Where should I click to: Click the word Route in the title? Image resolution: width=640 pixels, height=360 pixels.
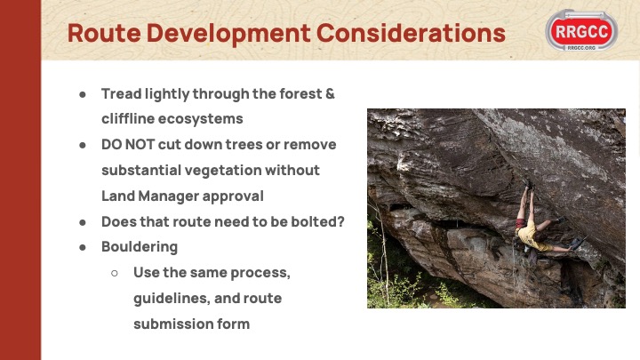(x=104, y=33)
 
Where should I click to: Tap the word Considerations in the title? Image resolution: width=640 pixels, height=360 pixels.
(x=411, y=33)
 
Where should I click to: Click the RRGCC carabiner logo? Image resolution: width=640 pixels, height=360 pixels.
(x=581, y=30)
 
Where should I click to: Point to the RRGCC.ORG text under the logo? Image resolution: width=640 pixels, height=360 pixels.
(x=581, y=48)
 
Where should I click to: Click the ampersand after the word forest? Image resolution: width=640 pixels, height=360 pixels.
(x=330, y=94)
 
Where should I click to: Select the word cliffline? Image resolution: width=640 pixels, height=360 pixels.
(x=127, y=119)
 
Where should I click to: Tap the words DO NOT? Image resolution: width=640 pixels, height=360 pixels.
(x=128, y=145)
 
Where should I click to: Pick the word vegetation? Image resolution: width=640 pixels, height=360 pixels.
(x=222, y=171)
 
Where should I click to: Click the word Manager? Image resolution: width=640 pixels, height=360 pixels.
(x=168, y=196)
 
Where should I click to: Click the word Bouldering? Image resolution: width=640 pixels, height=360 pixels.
(x=140, y=247)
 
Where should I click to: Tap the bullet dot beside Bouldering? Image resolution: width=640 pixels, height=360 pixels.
(x=83, y=247)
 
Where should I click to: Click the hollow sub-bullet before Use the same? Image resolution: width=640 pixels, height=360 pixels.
(x=115, y=273)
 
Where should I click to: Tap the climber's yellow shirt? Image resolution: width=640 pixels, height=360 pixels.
(x=530, y=237)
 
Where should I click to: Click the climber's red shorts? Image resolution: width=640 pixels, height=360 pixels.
(x=520, y=223)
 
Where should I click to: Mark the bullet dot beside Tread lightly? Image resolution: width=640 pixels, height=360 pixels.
(x=83, y=94)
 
